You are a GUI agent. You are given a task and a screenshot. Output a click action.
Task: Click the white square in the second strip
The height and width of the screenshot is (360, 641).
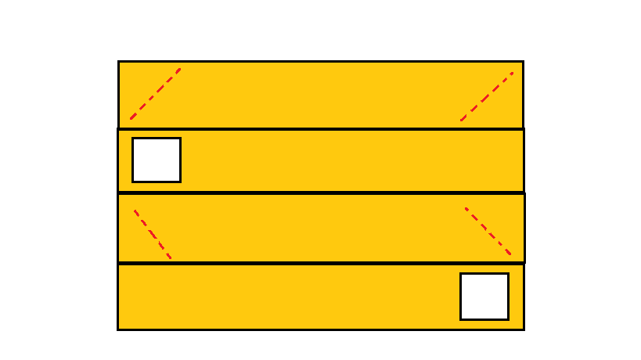click(157, 160)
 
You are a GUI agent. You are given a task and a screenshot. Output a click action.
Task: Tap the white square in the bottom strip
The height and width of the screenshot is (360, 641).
click(484, 297)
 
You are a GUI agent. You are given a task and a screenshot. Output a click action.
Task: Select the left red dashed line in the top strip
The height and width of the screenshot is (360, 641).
click(156, 94)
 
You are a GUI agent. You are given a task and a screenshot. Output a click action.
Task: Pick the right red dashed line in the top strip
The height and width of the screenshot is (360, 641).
click(487, 97)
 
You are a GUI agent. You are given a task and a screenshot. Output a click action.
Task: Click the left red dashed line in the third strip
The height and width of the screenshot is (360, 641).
click(153, 234)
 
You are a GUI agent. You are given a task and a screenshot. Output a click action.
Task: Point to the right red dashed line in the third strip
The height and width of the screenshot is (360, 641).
click(488, 232)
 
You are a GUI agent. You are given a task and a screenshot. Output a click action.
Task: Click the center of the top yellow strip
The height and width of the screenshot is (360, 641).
click(321, 95)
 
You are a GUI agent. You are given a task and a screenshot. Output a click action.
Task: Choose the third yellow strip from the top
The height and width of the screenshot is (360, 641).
click(321, 228)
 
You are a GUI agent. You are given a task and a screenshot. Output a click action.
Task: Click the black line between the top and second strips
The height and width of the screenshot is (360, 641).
click(321, 129)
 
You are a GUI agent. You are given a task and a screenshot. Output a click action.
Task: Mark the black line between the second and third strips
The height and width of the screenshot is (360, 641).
click(321, 193)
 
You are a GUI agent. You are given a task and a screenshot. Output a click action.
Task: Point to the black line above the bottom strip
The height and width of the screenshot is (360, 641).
click(321, 263)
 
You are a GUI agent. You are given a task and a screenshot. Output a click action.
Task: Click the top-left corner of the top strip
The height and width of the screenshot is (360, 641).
click(119, 61)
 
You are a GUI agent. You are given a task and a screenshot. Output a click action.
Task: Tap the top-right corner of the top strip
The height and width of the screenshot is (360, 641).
click(523, 61)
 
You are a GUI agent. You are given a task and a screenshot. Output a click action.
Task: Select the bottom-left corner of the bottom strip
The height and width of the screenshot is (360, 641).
click(118, 329)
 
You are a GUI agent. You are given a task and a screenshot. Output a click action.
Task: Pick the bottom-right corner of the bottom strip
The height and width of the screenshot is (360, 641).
click(523, 329)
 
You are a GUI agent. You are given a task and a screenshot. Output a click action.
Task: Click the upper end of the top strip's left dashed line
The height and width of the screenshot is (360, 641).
click(181, 69)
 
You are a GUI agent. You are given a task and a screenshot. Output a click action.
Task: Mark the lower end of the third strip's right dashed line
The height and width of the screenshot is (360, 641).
click(511, 255)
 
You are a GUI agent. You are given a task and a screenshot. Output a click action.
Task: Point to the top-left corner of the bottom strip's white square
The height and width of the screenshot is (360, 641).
click(460, 274)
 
